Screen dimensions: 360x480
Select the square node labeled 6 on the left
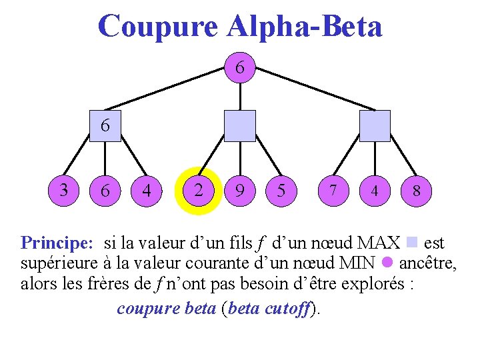pyautogui.click(x=105, y=125)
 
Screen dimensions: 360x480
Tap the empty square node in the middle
pyautogui.click(x=240, y=125)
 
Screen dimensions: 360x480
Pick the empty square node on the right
pyautogui.click(x=375, y=125)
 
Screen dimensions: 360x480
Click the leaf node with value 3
pyautogui.click(x=64, y=190)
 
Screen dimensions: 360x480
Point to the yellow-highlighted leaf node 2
pyautogui.click(x=198, y=190)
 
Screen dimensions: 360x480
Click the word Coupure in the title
pyautogui.click(x=157, y=27)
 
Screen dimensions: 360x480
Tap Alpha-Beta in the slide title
pyautogui.click(x=304, y=27)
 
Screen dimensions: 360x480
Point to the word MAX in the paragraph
pyautogui.click(x=379, y=242)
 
